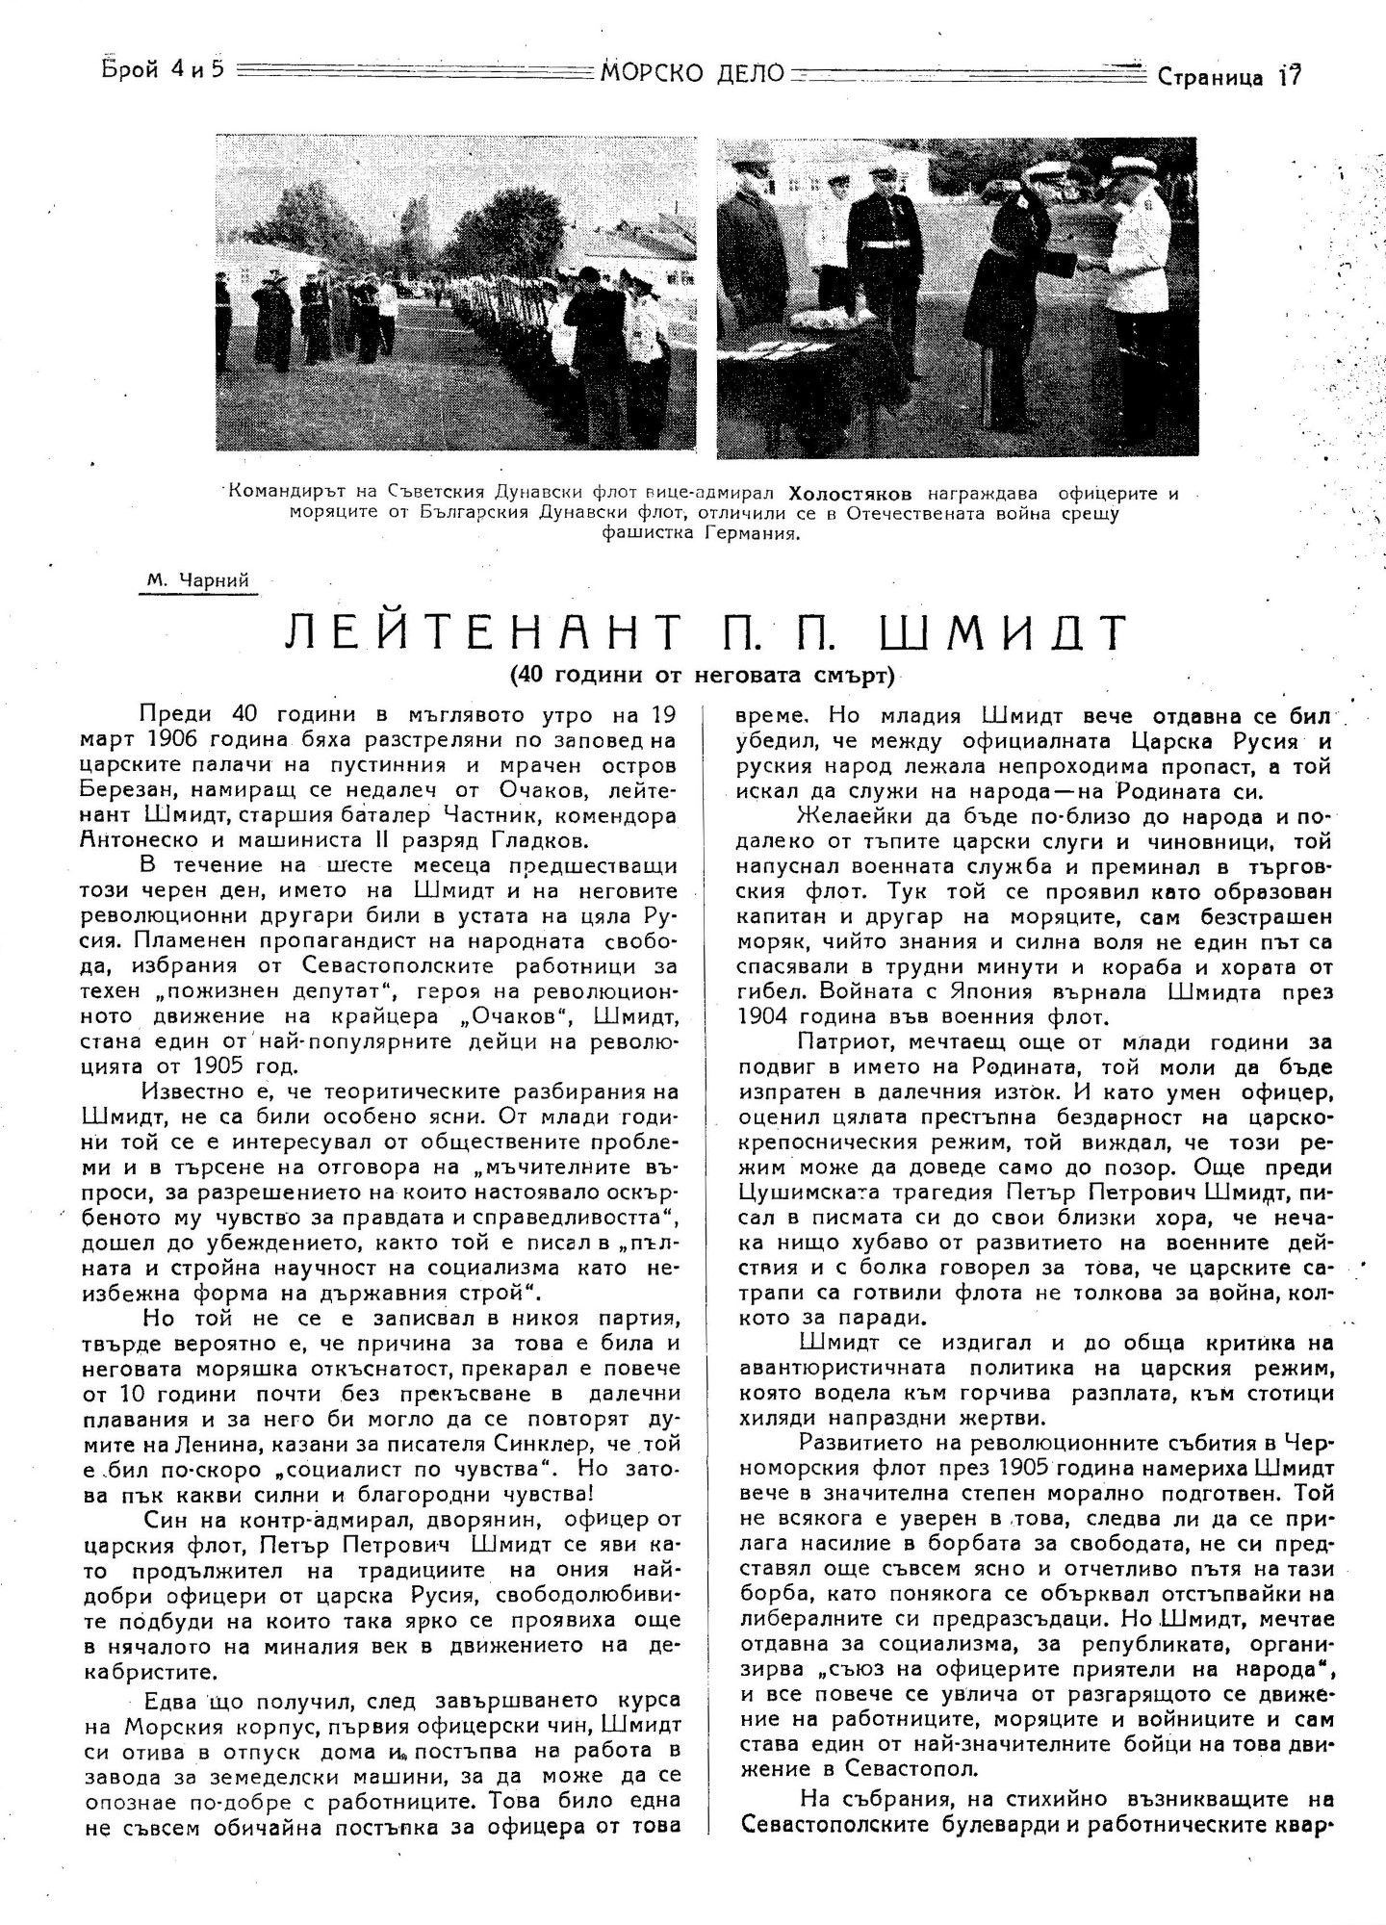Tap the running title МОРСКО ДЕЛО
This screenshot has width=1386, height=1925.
tap(692, 72)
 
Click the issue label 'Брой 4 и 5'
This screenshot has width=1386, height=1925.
tap(162, 72)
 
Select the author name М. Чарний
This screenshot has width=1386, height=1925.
tap(199, 580)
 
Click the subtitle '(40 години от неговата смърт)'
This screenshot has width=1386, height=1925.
tap(704, 675)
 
